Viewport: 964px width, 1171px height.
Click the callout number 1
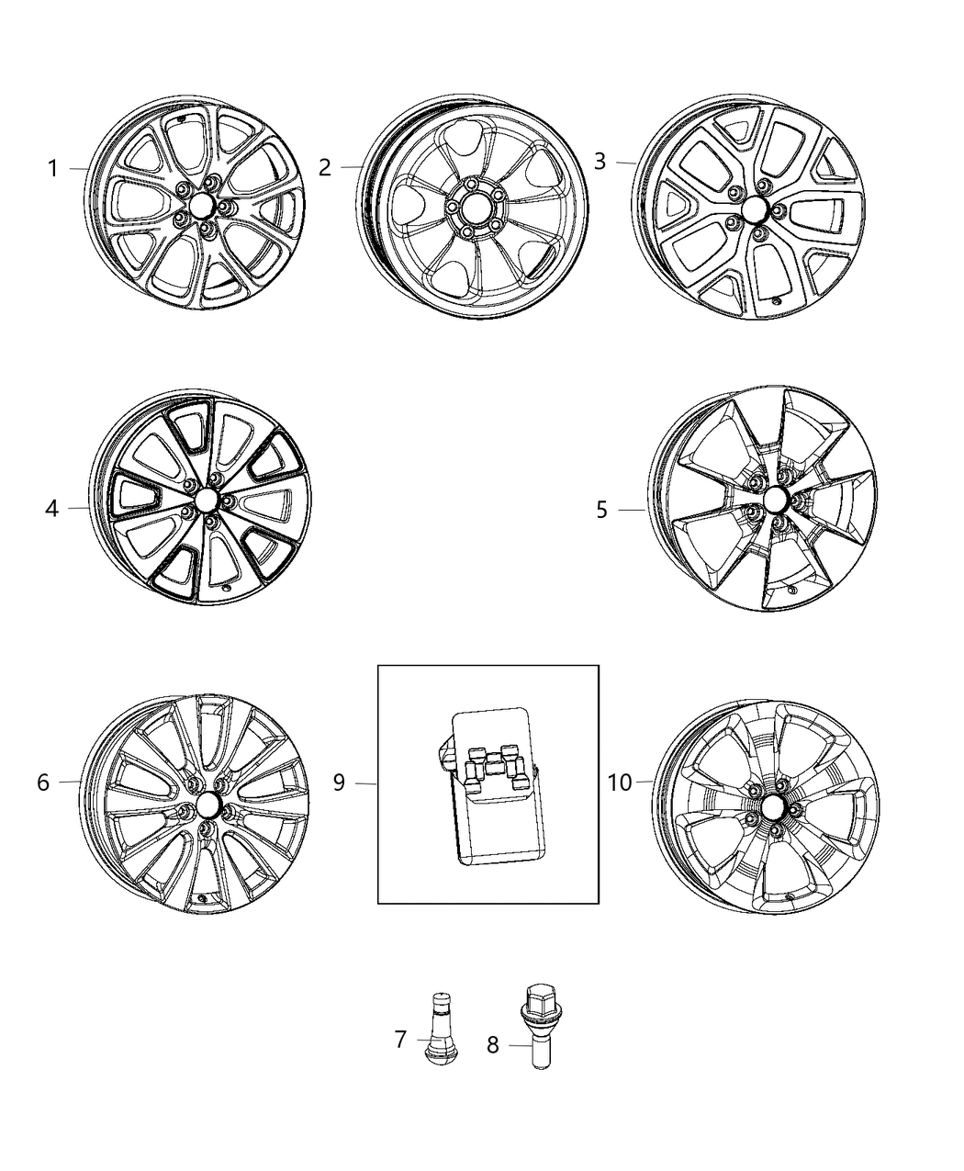(x=53, y=169)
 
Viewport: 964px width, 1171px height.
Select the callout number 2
(x=324, y=167)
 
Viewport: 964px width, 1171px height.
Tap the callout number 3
(x=600, y=162)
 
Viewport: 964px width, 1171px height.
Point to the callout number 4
(x=52, y=508)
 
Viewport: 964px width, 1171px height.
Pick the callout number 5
(x=601, y=509)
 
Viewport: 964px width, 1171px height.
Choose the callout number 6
(x=43, y=783)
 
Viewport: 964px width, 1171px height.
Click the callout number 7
(x=400, y=1040)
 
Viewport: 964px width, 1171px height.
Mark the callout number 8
(x=493, y=1045)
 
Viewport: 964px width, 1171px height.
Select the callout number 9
(x=339, y=783)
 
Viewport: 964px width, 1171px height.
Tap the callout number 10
(x=621, y=783)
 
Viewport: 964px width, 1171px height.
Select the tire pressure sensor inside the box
(x=483, y=786)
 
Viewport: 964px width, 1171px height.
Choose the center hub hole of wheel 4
(x=204, y=501)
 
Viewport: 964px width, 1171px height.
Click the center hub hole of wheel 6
(x=207, y=806)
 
